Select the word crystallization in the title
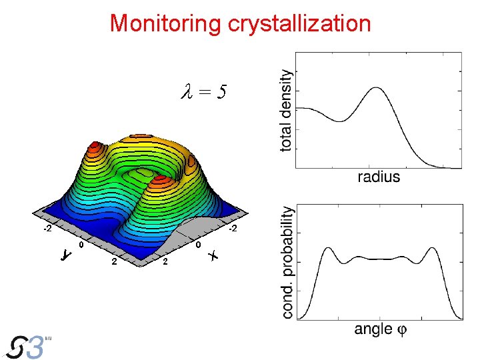tap(299, 23)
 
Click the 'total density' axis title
tap(285, 111)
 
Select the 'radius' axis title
tap(379, 177)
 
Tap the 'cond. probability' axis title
tap(287, 261)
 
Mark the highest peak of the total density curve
tap(377, 88)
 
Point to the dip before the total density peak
tap(341, 121)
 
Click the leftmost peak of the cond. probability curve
tap(327, 248)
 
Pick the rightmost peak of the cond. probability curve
tap(432, 248)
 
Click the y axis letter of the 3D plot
tap(65, 255)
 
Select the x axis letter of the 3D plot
tap(213, 255)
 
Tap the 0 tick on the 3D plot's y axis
tap(81, 245)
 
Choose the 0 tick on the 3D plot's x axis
tap(198, 245)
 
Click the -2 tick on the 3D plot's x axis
tap(232, 229)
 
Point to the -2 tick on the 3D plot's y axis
tap(47, 229)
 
